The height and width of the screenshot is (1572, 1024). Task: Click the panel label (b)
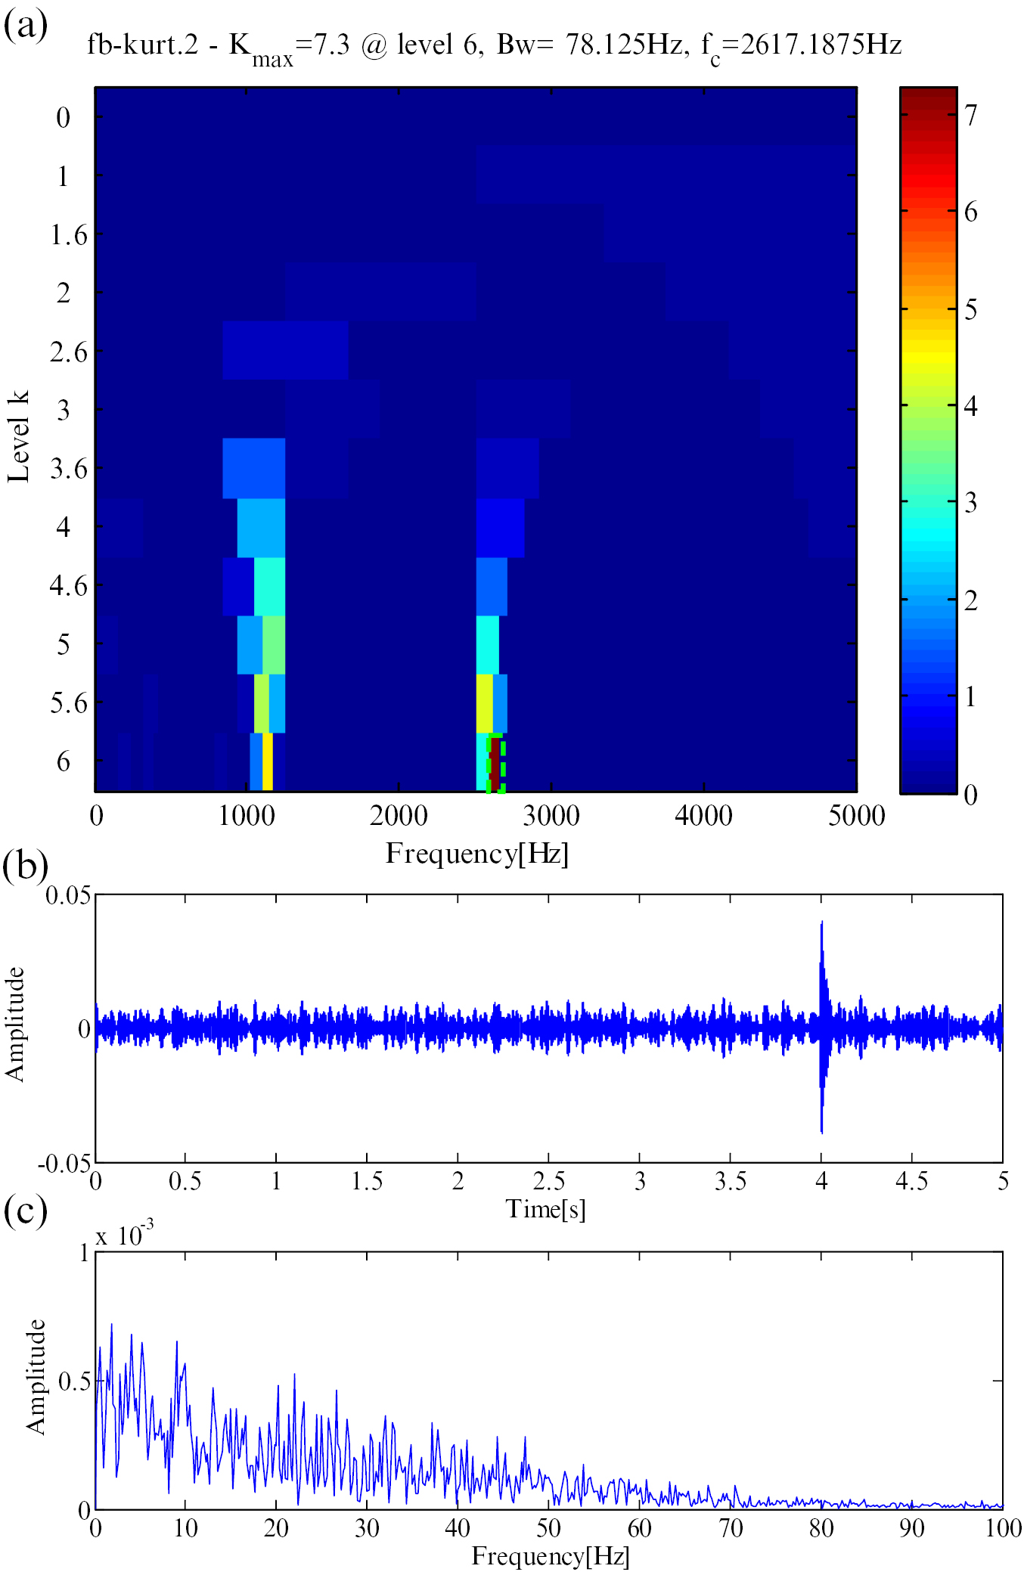[x=25, y=865]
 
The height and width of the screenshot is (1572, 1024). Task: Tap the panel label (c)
[x=25, y=1210]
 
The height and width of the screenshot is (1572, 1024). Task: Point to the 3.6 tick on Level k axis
[x=68, y=469]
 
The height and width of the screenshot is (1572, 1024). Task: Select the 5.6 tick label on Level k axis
[x=68, y=703]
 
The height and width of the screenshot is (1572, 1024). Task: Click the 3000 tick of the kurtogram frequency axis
[x=551, y=816]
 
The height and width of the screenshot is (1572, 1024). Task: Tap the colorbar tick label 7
[x=971, y=116]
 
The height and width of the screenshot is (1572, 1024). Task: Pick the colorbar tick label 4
[x=971, y=406]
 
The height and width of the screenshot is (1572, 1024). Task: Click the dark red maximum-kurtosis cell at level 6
[x=495, y=762]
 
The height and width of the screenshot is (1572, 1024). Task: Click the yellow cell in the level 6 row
[x=267, y=762]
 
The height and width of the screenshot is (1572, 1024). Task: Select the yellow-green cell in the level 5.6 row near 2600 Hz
[x=484, y=703]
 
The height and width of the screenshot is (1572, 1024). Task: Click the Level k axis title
[x=18, y=437]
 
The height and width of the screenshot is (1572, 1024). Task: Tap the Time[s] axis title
[x=545, y=1208]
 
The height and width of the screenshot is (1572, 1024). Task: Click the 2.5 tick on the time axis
[x=548, y=1181]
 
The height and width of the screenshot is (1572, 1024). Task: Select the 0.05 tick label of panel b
[x=68, y=896]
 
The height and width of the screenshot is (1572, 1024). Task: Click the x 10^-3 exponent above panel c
[x=124, y=1236]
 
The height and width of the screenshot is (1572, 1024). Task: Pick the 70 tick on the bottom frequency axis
[x=730, y=1528]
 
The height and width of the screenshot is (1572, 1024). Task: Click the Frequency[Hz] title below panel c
[x=551, y=1556]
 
